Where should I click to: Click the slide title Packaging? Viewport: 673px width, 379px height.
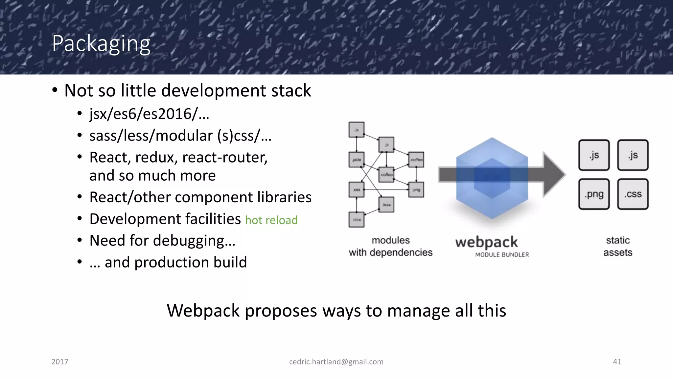[x=101, y=44]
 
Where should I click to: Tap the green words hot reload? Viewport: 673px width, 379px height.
[x=271, y=220]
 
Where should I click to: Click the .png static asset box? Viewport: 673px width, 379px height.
[x=594, y=194]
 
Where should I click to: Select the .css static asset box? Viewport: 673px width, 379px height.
[x=633, y=194]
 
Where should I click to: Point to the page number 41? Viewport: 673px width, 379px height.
[x=617, y=362]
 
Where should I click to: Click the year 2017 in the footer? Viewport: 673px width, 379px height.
[x=60, y=362]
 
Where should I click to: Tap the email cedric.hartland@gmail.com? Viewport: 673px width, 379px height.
[x=336, y=362]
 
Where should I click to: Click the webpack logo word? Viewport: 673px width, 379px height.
[x=486, y=243]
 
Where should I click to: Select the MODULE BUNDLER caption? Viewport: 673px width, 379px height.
[x=502, y=255]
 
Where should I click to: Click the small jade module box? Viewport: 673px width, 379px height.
[x=357, y=160]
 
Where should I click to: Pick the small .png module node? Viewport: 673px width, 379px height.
[x=416, y=190]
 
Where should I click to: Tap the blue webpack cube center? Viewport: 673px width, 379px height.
[x=492, y=178]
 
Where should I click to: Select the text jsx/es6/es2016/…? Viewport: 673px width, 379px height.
[x=149, y=114]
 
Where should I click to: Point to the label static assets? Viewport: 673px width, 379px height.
[x=617, y=246]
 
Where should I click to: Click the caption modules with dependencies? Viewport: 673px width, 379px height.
[x=390, y=246]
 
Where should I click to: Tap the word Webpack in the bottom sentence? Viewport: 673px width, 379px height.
[x=203, y=311]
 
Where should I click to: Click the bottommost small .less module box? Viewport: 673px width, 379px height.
[x=357, y=219]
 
